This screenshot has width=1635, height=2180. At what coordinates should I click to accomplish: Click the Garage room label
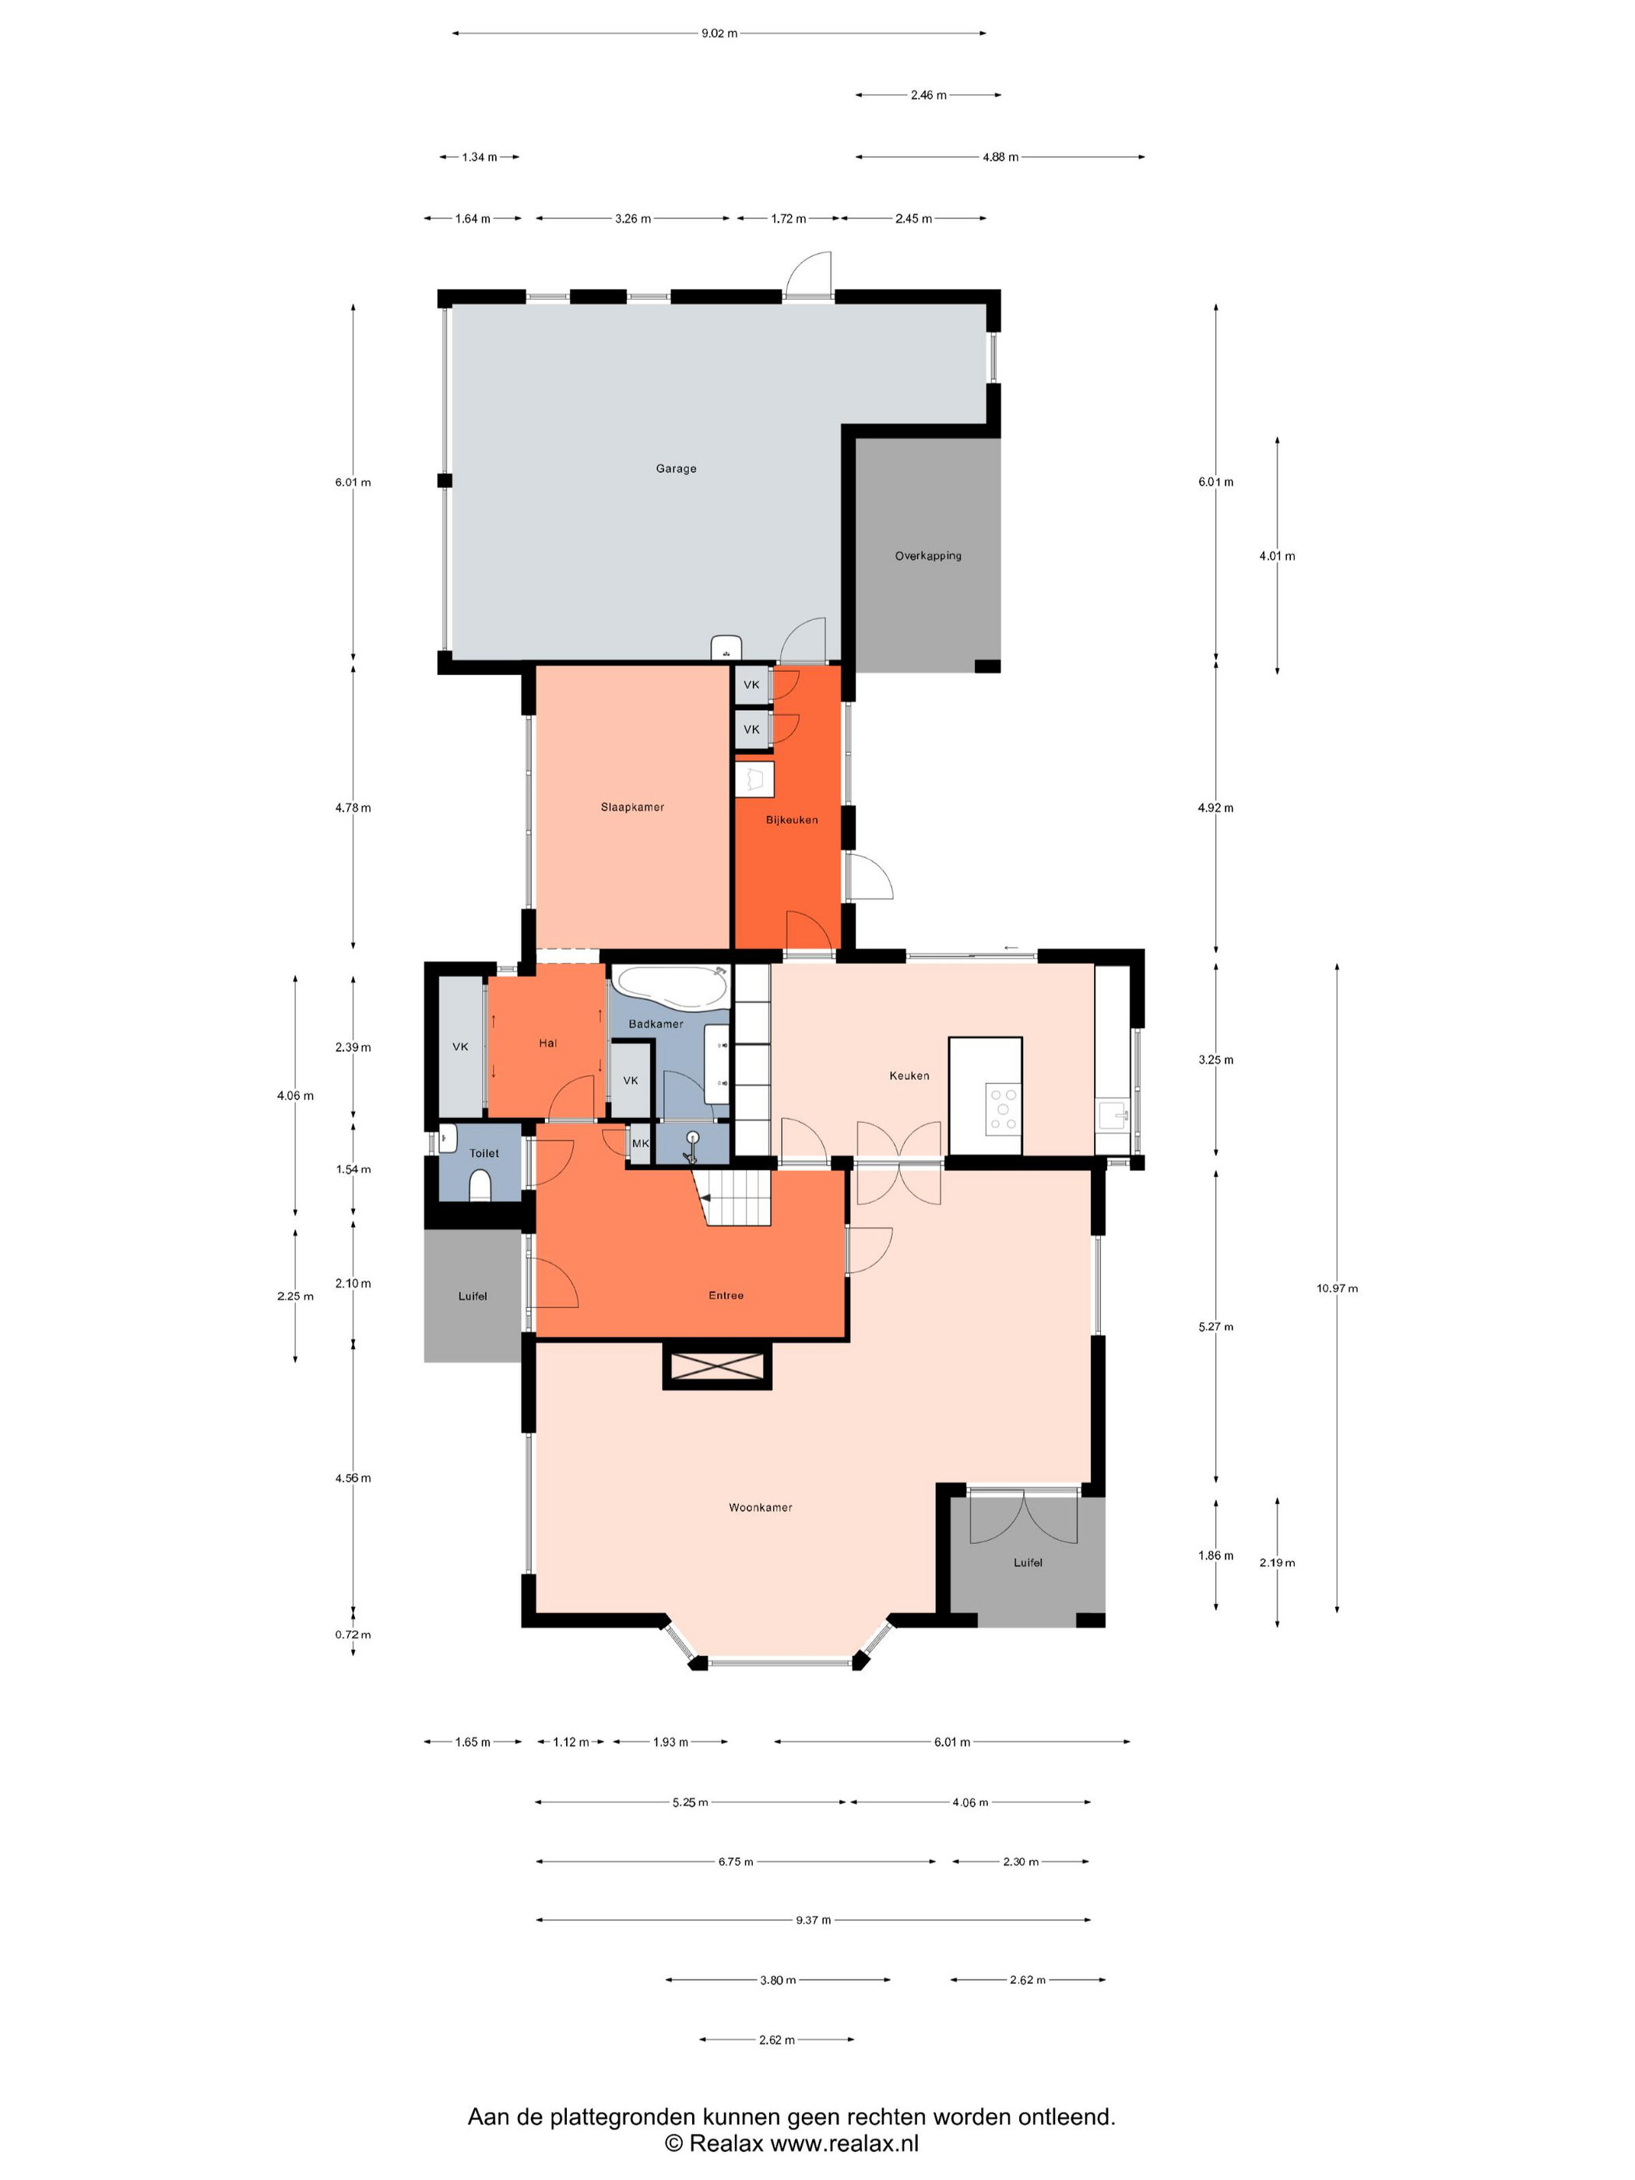coord(676,468)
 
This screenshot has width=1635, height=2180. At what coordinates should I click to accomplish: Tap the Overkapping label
coord(927,556)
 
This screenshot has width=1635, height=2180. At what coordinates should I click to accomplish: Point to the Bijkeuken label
coord(791,820)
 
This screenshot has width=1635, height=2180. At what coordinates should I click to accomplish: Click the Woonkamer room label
coord(760,1507)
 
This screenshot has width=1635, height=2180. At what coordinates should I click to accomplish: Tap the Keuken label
coord(909,1075)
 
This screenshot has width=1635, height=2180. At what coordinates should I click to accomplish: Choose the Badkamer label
coord(656,1024)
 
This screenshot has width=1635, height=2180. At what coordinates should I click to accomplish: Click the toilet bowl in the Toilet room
coord(480,1185)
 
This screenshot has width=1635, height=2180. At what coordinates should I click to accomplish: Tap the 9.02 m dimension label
coord(719,33)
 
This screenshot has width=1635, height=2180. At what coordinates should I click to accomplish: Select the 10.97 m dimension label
coord(1336,1288)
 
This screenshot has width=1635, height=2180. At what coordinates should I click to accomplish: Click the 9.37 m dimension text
coord(813,1920)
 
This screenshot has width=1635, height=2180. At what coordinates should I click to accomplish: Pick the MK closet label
coord(641,1143)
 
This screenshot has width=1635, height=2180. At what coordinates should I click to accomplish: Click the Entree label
coord(726,1295)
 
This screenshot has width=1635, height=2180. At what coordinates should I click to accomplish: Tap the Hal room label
coord(548,1043)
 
